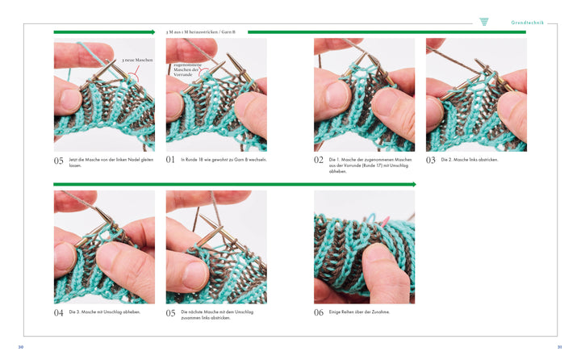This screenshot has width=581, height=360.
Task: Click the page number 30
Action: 21,347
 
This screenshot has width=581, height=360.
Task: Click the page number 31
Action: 559,347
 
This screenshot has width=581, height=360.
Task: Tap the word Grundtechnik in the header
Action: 527,23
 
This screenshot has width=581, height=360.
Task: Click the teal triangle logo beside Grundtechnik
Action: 484,22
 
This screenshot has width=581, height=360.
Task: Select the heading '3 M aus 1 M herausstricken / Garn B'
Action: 200,32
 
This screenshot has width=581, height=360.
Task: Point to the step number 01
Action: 170,160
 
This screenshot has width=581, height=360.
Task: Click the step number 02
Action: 319,160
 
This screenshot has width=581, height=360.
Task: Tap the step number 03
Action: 431,160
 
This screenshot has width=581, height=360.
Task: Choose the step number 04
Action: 59,312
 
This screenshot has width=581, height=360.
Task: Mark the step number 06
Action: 319,312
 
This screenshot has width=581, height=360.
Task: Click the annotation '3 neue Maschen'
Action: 137,60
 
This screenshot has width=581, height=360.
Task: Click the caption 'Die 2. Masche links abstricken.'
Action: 470,160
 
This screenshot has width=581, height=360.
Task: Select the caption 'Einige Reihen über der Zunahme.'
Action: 359,312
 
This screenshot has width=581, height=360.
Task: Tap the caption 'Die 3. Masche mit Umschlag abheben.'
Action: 105,312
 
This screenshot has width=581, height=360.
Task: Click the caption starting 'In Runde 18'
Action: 224,160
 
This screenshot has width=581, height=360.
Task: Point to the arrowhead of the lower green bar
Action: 414,184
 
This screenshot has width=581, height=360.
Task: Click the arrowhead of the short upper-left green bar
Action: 153,32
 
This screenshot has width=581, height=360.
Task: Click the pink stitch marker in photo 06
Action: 386,221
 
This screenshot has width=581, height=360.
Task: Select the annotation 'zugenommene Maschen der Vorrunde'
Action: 188,69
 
